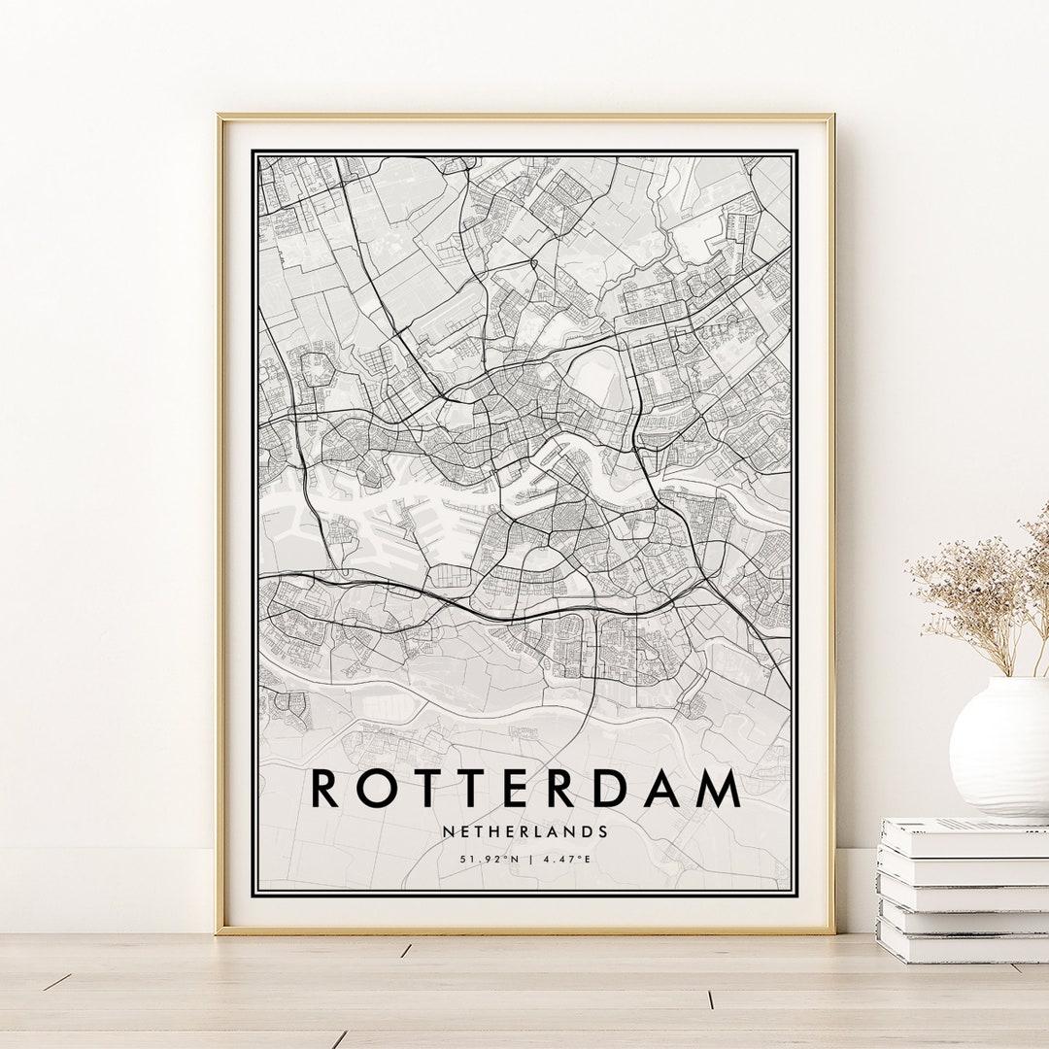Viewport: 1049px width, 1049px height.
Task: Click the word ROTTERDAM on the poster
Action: point(525,789)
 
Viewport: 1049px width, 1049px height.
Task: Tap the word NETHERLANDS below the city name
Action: point(525,831)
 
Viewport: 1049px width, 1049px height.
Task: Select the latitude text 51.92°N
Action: point(486,859)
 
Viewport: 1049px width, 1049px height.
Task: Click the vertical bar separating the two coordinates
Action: point(525,859)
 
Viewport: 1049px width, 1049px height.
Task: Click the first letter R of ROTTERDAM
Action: point(325,789)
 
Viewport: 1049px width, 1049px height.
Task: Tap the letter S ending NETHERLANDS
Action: point(603,831)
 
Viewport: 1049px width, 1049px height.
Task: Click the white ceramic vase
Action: point(1000,748)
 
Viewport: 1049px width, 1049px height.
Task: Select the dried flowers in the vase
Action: point(981,592)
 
